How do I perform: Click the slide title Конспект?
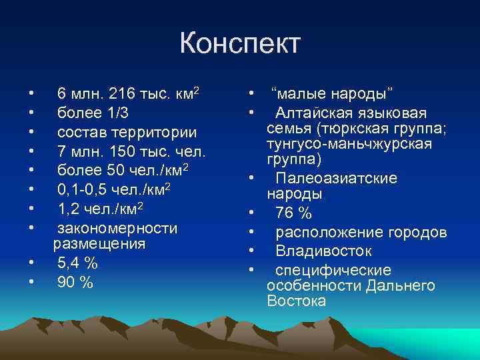pos(240,45)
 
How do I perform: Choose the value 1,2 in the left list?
pos(70,209)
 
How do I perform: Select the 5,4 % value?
pos(77,263)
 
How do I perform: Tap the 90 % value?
pos(75,283)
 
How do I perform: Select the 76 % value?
pos(293,213)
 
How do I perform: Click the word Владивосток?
pos(324,251)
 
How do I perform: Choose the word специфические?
pos(333,271)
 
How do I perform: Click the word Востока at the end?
pos(296,301)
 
